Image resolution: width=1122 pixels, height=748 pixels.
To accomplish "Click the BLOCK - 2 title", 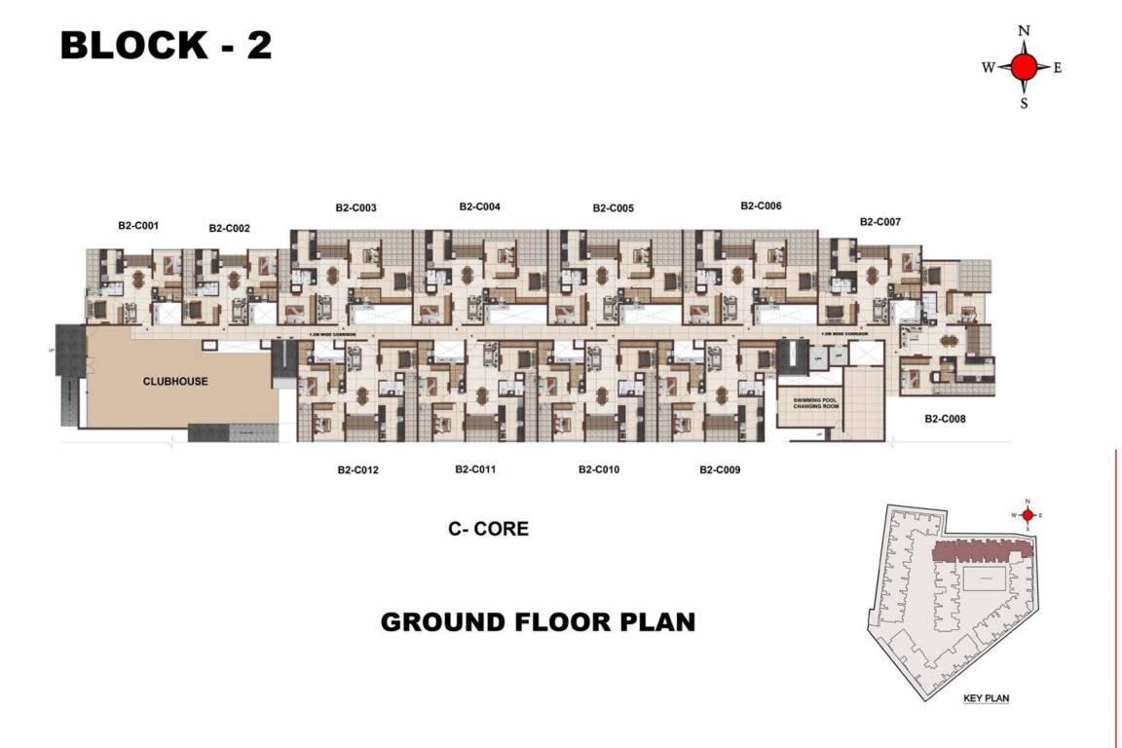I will [166, 46].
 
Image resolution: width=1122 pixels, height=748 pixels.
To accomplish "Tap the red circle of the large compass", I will [1024, 67].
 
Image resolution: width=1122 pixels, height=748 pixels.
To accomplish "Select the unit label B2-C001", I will [138, 225].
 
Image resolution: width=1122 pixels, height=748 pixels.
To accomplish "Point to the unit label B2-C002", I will [229, 229].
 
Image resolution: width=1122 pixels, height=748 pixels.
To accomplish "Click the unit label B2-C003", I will [355, 207].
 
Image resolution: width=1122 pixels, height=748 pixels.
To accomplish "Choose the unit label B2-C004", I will [479, 206].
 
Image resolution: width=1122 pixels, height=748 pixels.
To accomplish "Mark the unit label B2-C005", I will [613, 208].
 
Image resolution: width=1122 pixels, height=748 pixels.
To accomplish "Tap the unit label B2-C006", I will [761, 206].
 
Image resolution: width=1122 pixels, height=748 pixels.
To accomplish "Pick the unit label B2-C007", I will [879, 222].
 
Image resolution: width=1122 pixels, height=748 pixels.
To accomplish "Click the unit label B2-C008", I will [945, 419].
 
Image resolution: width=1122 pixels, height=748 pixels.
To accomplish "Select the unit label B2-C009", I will [720, 469].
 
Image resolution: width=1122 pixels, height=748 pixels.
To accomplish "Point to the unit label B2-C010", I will [598, 469].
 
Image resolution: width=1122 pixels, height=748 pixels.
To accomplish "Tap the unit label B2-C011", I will [475, 468].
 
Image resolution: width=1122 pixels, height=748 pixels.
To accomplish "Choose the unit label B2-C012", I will [357, 469].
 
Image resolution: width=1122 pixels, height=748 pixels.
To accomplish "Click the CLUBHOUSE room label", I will [175, 381].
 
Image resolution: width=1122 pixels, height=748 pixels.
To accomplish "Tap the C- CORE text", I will [488, 529].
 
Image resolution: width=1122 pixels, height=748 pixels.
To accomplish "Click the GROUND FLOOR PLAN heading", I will [538, 621].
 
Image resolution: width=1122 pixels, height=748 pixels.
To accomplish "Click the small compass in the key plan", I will [1027, 515].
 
